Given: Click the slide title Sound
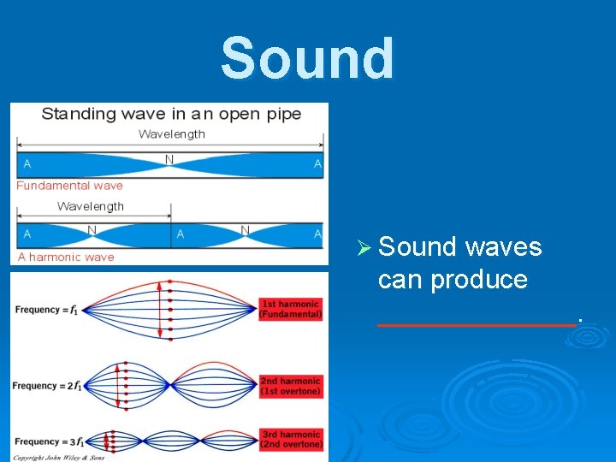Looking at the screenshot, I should [308, 58].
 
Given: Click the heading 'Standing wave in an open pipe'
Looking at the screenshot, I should [171, 114].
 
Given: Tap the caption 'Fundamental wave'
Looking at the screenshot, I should [69, 185].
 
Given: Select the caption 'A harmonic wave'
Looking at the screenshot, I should [66, 257].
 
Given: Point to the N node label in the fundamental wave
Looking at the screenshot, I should [169, 159].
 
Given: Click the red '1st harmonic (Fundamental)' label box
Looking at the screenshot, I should [291, 309].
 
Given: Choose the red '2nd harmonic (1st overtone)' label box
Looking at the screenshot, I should [291, 386].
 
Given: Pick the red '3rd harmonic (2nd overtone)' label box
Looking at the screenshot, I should [291, 440].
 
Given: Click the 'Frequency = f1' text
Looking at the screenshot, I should [47, 310].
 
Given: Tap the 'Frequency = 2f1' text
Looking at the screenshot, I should [47, 386].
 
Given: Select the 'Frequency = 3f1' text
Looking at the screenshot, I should [47, 442].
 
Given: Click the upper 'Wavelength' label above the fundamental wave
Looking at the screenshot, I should [172, 134].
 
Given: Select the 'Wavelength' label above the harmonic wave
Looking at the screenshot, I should [91, 206].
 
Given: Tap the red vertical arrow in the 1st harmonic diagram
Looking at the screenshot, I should [170, 310].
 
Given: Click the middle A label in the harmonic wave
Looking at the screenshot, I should [180, 234].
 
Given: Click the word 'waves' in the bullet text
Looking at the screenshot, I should [504, 247].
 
